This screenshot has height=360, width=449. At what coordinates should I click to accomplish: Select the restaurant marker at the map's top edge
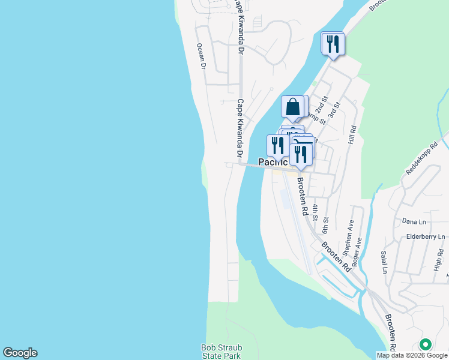coord(331,44)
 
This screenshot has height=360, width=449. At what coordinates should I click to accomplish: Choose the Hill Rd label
coord(352,136)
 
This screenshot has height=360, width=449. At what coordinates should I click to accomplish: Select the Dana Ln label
coord(414,221)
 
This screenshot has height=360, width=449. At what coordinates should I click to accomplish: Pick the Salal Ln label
coord(384,262)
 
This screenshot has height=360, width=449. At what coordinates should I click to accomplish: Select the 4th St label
coord(315,209)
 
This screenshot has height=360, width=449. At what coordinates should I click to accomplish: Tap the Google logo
coord(20,353)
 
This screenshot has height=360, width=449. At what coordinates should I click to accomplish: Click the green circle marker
coord(426,344)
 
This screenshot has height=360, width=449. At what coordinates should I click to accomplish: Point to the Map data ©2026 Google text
coord(412,355)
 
